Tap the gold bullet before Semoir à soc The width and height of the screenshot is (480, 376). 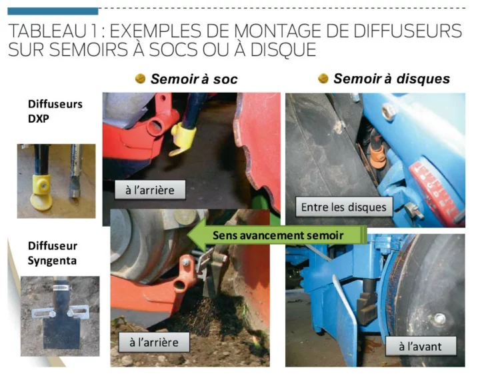pos(140,79)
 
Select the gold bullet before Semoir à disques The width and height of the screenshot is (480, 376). pos(323,79)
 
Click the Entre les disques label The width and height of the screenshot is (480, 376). pos(344,207)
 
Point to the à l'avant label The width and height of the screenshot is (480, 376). pos(420,346)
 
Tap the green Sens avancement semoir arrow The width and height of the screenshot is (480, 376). pos(277,235)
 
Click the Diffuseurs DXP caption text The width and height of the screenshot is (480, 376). pos(55,111)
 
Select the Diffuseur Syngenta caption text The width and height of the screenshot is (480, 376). pos(53,253)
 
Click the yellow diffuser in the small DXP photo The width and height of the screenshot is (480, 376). pos(42,192)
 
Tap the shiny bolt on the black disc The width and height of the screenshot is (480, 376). pos(439,319)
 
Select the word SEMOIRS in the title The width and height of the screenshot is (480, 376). pos(89,49)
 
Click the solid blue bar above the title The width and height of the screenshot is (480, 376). pos(53,11)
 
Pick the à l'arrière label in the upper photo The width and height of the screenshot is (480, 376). pos(150,190)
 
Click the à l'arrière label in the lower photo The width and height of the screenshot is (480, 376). pos(154,342)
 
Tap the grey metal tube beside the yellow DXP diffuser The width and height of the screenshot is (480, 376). pos(75,171)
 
